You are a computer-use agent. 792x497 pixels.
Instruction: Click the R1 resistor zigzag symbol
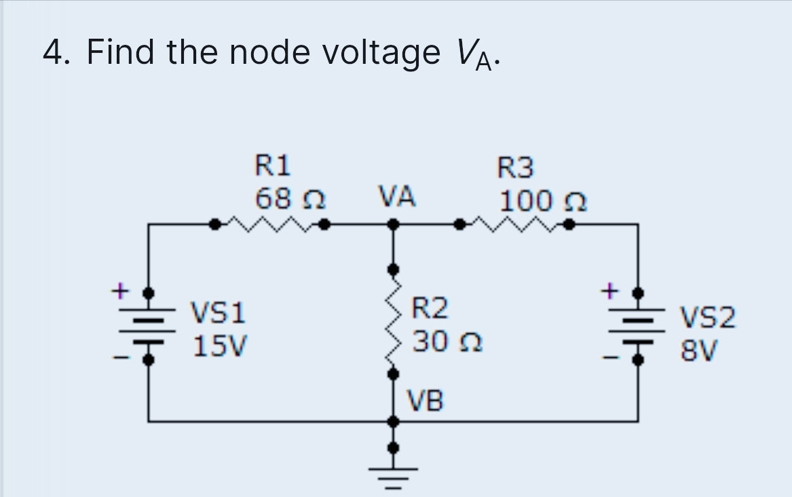[x=270, y=222]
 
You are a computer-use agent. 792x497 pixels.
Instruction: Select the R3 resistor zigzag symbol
[x=515, y=222]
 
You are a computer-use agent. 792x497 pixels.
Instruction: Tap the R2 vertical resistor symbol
[x=392, y=321]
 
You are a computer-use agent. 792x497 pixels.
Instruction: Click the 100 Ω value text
[x=543, y=201]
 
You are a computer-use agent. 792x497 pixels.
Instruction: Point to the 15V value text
[x=221, y=347]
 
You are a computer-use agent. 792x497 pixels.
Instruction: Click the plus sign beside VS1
[x=119, y=291]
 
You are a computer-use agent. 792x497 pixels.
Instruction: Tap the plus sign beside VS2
[x=609, y=291]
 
